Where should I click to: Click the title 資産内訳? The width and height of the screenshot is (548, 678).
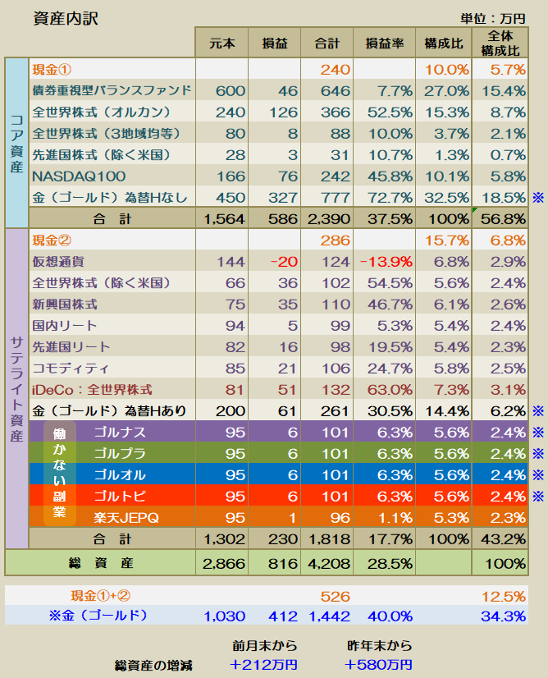66,19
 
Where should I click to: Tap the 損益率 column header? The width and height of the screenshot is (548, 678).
384,44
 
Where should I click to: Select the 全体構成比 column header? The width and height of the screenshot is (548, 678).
500,44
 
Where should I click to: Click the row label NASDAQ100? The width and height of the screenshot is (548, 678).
79,176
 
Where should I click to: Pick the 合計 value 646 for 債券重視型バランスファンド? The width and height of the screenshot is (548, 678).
335,91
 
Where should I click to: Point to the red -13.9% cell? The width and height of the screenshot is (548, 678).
386,262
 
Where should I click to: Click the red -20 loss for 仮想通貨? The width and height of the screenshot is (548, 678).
284,262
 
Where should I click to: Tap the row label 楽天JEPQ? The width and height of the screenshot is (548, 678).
126,518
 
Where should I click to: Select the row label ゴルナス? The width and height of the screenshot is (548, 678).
114,433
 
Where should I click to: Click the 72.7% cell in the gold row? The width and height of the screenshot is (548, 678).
390,198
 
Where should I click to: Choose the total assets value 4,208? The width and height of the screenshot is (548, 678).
328,564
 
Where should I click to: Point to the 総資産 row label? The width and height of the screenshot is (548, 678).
101,563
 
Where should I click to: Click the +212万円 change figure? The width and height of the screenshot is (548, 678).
263,665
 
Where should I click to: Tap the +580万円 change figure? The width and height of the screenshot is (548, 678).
378,665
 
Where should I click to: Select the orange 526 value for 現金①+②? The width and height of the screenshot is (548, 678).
335,597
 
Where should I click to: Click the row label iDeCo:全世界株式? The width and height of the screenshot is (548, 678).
92,390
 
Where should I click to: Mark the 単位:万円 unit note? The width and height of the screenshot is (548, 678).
493,19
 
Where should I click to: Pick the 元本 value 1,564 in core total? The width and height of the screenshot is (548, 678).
224,219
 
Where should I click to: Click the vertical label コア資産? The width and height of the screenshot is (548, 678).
16,144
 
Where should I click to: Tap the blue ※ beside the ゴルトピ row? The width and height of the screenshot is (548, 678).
538,496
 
